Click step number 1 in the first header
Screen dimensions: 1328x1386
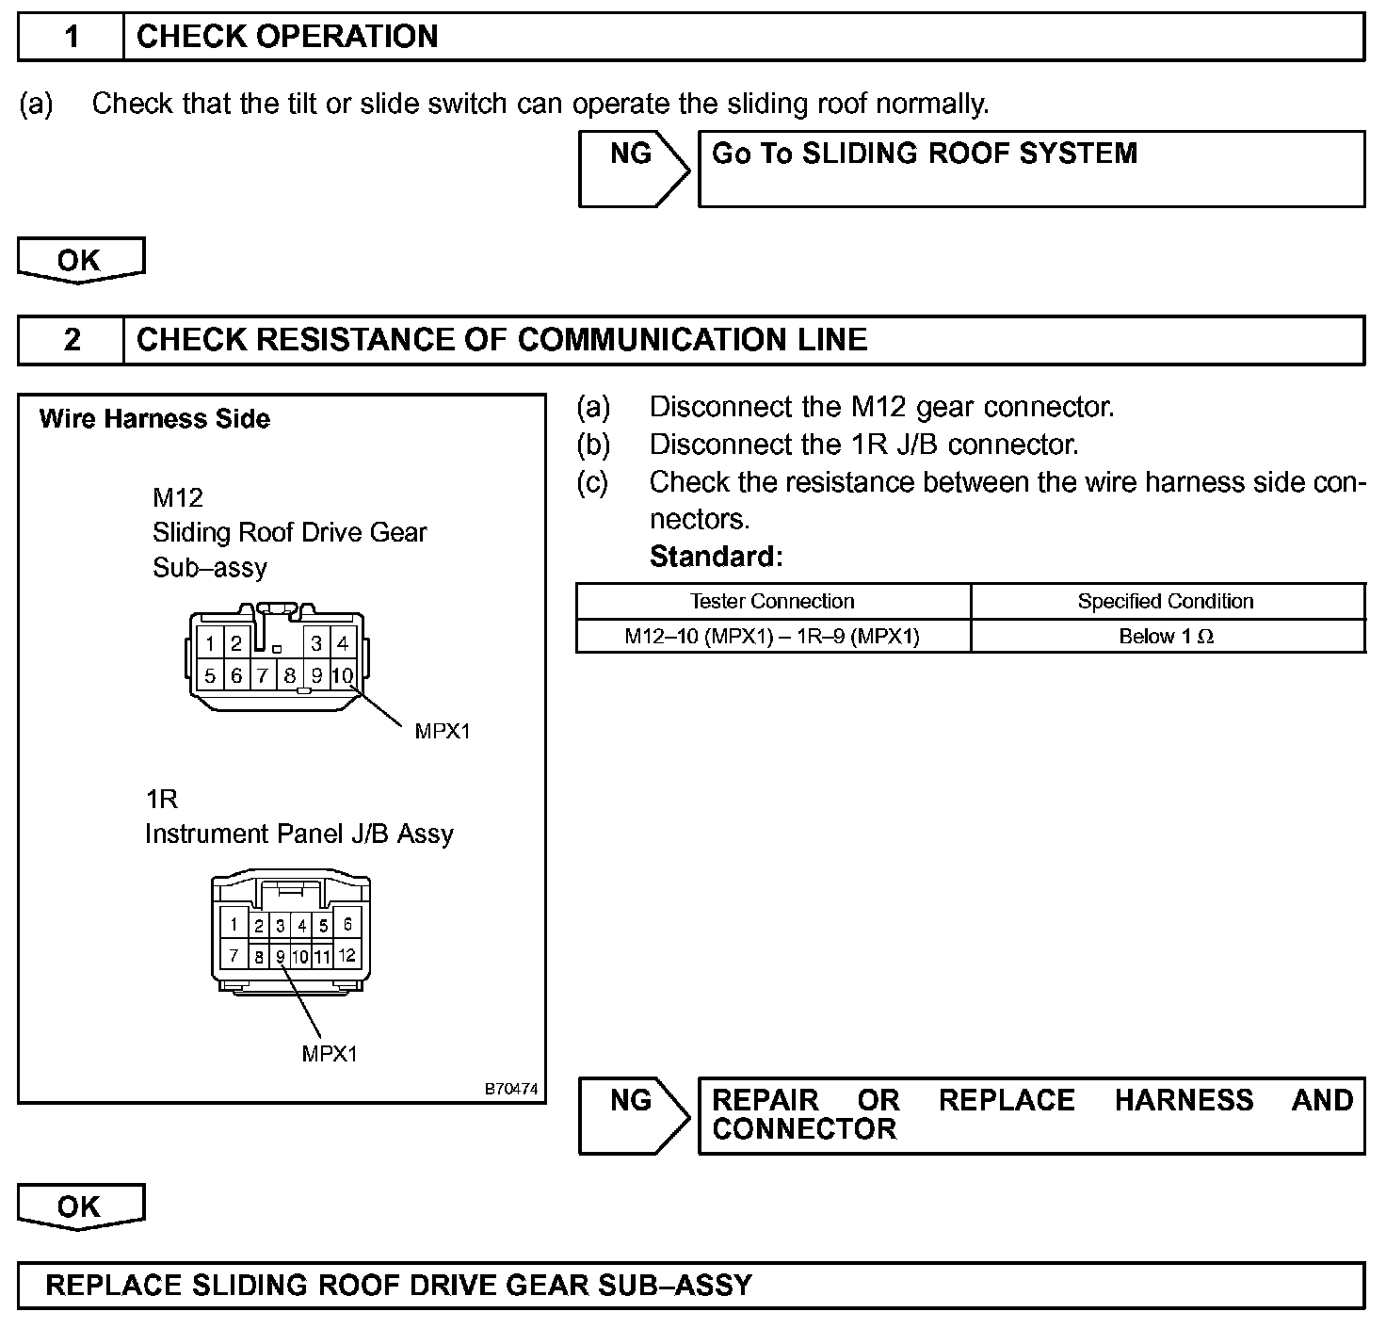(72, 37)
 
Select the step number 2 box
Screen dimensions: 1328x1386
(72, 340)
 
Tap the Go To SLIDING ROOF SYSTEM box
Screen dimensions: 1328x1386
(1031, 169)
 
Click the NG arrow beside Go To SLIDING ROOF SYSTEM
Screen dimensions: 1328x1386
(634, 169)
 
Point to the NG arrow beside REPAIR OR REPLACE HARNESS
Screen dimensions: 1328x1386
(634, 1115)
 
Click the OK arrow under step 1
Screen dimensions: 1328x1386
(81, 260)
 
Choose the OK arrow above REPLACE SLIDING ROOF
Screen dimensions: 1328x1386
(81, 1207)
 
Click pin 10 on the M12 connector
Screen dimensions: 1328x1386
(343, 675)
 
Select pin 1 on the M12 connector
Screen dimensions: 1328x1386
(210, 644)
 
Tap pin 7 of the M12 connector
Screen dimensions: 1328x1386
(263, 675)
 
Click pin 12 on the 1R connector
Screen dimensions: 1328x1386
(346, 955)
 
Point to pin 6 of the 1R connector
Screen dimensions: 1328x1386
(346, 924)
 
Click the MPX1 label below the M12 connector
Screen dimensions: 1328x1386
(442, 731)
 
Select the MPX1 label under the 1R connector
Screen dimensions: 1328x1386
(330, 1054)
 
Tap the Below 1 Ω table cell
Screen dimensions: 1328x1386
(1166, 637)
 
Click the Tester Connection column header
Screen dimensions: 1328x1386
(772, 601)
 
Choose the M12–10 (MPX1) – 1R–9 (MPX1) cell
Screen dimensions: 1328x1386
(772, 637)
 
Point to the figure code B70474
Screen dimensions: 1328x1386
(511, 1089)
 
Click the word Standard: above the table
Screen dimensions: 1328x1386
(716, 557)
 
